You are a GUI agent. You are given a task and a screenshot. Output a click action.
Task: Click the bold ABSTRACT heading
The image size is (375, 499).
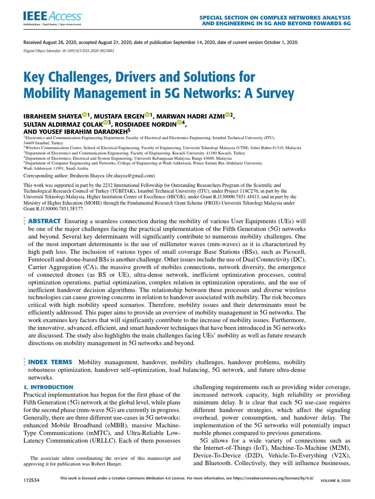pyautogui.click(x=44, y=221)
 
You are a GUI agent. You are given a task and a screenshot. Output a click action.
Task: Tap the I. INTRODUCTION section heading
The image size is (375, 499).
pyautogui.click(x=48, y=387)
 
